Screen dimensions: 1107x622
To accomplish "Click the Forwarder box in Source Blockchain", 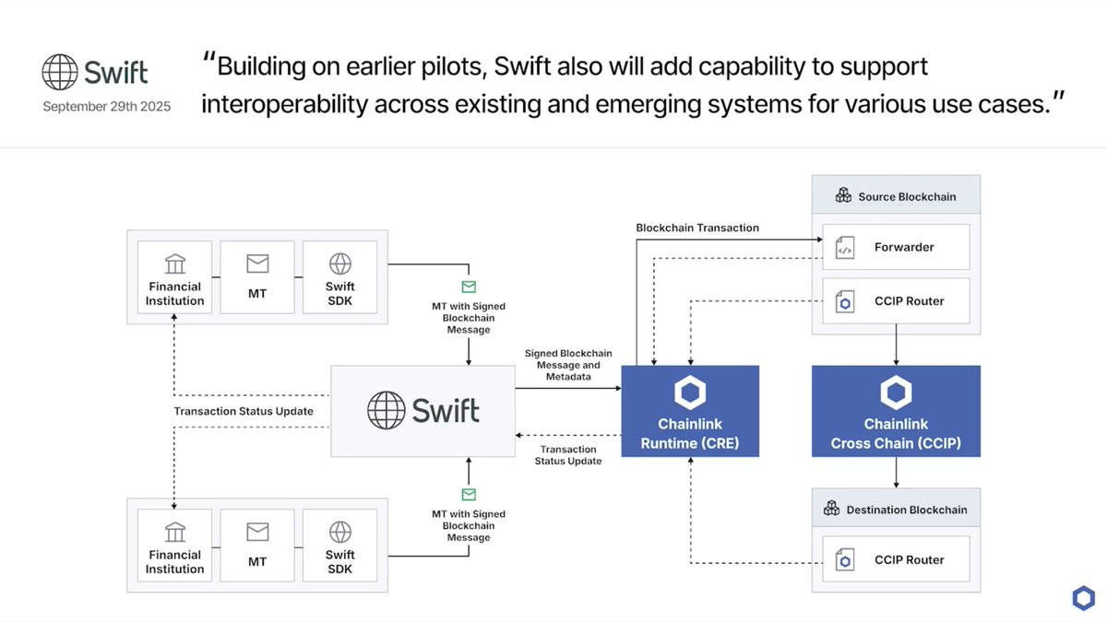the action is point(896,247).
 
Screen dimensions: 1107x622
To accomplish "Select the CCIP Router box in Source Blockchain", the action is point(896,301).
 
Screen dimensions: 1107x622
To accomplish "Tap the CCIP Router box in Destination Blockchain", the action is point(896,559).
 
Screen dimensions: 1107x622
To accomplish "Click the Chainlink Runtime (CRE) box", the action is point(690,411).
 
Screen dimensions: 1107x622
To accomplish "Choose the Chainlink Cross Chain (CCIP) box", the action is point(896,411).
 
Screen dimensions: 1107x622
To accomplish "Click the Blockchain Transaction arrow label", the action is point(697,228).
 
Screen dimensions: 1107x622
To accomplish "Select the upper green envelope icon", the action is point(469,287).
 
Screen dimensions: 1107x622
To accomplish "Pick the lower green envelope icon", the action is point(469,494).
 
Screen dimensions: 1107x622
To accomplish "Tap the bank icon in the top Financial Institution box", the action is point(175,264).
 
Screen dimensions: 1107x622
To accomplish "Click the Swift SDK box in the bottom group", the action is point(340,546).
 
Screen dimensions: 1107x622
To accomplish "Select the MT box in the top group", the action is point(257,277).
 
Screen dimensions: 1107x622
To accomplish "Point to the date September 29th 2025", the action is point(107,106).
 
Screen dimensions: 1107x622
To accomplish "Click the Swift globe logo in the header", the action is point(60,72).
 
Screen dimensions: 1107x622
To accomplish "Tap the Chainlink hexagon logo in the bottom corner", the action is point(1083,598).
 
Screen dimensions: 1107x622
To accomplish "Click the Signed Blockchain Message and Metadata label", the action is point(568,365).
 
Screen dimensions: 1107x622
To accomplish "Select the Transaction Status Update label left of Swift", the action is point(244,411).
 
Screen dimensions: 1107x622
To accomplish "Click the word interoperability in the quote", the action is point(285,104).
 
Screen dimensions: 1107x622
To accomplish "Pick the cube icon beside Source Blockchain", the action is point(843,195).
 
